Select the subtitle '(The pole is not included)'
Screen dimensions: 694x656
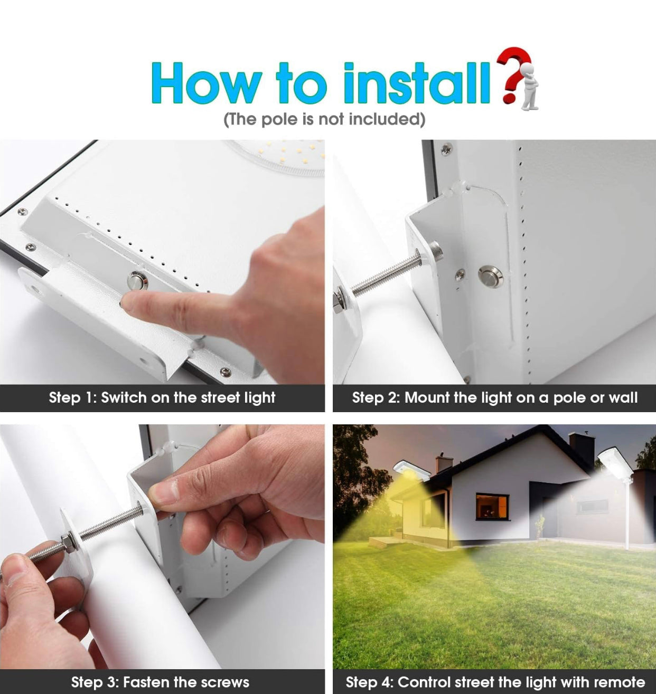[324, 119]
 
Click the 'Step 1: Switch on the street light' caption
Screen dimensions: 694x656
[162, 398]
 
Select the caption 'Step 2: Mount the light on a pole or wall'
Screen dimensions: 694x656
[494, 398]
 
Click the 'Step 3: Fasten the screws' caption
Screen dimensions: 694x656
[160, 682]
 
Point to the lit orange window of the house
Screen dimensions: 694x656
[492, 506]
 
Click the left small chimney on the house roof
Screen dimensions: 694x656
[444, 463]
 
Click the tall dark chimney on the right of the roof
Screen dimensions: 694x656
[581, 448]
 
